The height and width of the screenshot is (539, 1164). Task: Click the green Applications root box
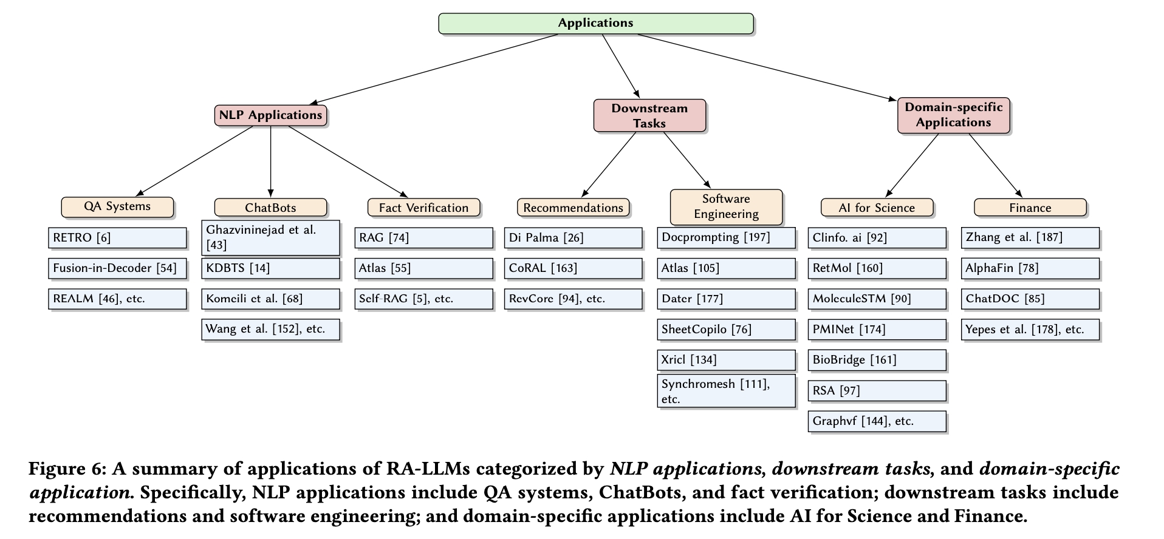pos(596,23)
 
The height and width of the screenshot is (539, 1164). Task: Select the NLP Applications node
pos(270,115)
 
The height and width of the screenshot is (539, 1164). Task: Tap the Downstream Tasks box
pos(649,115)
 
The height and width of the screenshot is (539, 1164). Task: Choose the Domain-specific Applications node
pos(953,115)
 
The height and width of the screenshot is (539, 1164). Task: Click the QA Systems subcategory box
pos(117,207)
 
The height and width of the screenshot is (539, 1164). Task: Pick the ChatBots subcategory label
pos(270,208)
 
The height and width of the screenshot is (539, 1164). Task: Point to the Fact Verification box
pos(423,208)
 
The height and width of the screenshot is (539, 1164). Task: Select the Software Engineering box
pos(726,206)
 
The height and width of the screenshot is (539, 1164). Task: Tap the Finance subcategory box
pos(1030,208)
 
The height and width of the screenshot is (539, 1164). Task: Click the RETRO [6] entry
pos(117,238)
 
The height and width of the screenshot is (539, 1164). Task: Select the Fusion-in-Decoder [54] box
pos(117,268)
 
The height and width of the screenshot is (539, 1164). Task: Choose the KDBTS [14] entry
pos(270,268)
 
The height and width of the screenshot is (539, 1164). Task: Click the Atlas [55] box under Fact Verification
pos(423,268)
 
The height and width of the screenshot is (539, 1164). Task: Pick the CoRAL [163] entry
pos(573,268)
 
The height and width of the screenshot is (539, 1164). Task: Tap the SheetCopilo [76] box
pos(726,330)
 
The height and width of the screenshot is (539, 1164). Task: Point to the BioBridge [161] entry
pos(877,360)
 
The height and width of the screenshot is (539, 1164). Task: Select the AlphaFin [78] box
pos(1030,268)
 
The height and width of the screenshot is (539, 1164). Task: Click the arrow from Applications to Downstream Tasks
pos(621,66)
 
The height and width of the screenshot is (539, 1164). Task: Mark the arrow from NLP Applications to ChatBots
pos(270,161)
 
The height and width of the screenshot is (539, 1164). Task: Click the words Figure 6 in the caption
pos(66,469)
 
